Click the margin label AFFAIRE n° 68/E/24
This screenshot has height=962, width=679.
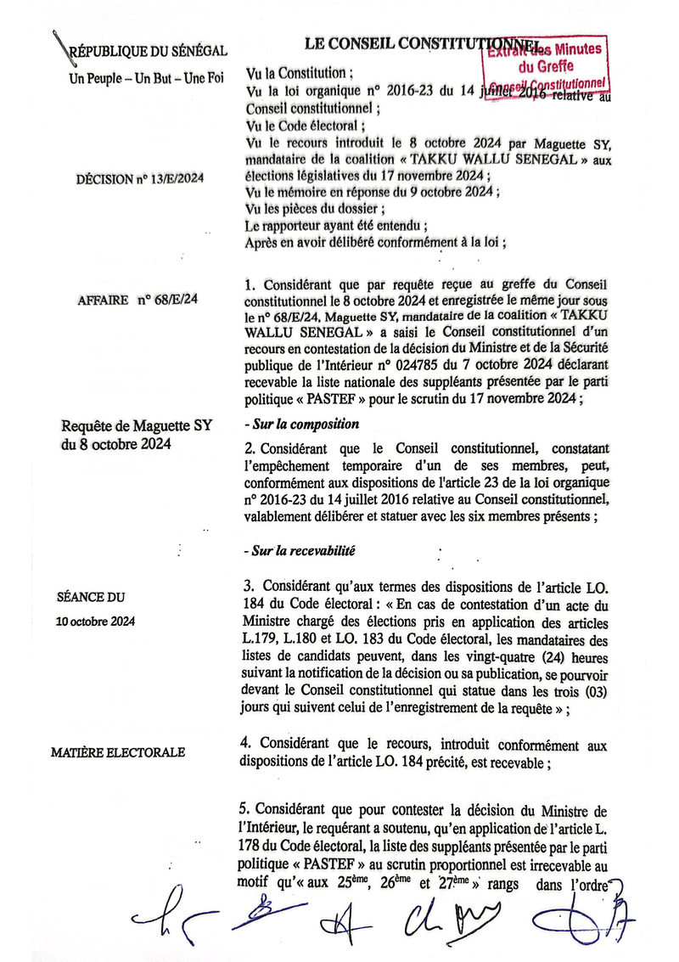(x=137, y=300)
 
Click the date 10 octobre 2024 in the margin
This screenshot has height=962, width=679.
(x=95, y=622)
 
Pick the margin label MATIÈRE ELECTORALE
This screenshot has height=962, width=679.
(x=118, y=752)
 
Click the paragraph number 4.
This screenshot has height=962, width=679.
(x=248, y=745)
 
